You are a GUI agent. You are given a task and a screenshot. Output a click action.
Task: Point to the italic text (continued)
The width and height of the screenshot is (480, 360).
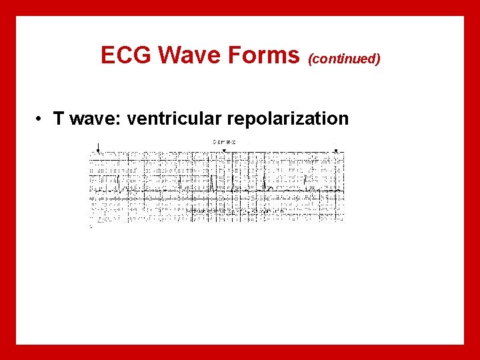click(x=344, y=59)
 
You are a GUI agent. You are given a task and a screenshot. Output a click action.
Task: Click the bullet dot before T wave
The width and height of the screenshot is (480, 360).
click(x=41, y=119)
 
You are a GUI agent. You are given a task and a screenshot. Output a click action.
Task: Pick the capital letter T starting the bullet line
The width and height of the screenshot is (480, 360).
click(x=59, y=119)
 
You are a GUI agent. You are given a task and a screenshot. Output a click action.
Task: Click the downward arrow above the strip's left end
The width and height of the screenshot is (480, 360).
click(x=98, y=146)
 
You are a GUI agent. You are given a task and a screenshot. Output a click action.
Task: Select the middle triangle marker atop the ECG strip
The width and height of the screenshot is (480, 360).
click(x=225, y=150)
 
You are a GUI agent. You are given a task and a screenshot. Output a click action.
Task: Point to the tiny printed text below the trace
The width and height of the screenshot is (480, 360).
click(x=237, y=211)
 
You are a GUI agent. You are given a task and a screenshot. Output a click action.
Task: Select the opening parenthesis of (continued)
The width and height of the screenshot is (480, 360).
click(x=309, y=59)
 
